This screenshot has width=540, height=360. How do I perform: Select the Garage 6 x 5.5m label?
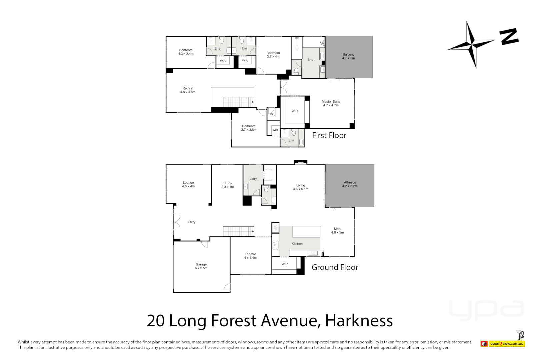pyautogui.click(x=201, y=266)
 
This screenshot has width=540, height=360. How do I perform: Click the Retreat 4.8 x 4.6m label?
pyautogui.click(x=188, y=90)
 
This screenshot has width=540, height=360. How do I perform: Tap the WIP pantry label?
pyautogui.click(x=284, y=264)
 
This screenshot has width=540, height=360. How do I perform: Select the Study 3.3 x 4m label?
pyautogui.click(x=228, y=185)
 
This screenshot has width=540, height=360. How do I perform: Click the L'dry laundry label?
pyautogui.click(x=253, y=179)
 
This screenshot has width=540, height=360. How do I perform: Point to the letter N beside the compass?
pyautogui.click(x=509, y=36)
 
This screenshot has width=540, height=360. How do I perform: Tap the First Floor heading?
pyautogui.click(x=329, y=135)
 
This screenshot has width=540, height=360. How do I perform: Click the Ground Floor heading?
pyautogui.click(x=335, y=267)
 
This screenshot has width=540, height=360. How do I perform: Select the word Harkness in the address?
pyautogui.click(x=359, y=321)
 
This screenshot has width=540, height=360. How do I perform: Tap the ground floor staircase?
pyautogui.click(x=238, y=231)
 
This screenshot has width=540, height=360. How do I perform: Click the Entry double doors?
pyautogui.click(x=177, y=222)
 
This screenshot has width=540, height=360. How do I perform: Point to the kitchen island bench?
pyautogui.click(x=306, y=231)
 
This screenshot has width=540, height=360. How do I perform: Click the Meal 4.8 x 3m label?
pyautogui.click(x=337, y=231)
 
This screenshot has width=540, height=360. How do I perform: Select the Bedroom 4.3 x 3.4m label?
pyautogui.click(x=186, y=52)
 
